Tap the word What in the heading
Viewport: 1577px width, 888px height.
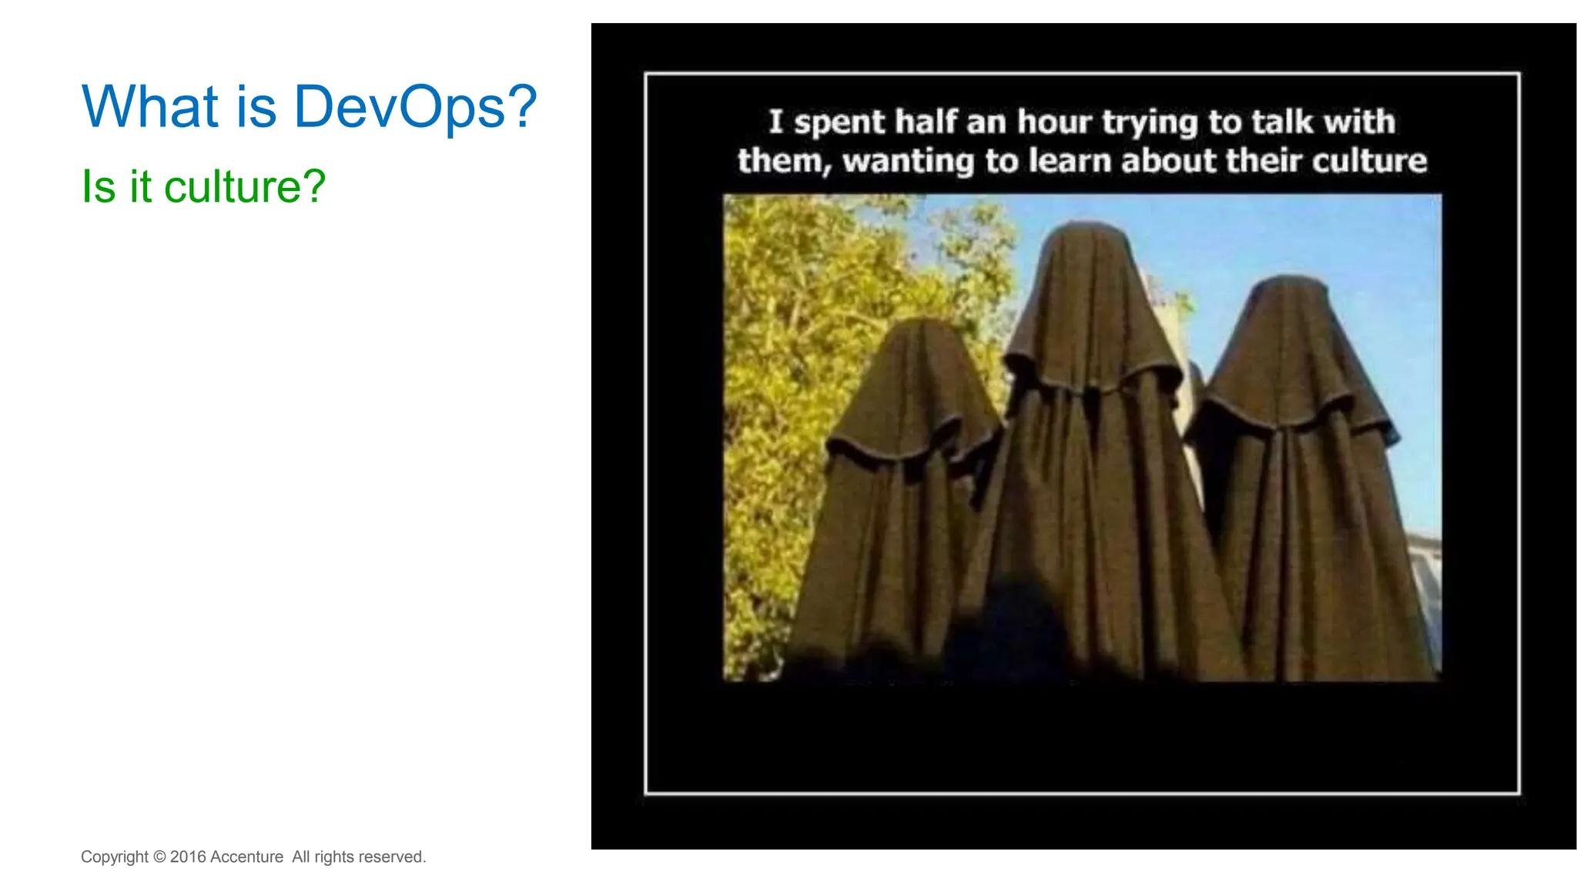[x=150, y=106]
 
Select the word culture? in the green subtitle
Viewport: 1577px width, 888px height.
[x=245, y=187]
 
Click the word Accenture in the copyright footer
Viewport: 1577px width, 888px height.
[x=246, y=856]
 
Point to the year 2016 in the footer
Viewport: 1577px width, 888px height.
[x=188, y=856]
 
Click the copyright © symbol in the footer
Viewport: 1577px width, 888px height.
[x=159, y=856]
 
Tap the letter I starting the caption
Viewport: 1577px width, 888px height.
[x=775, y=122]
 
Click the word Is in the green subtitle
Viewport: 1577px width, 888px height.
[x=98, y=187]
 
